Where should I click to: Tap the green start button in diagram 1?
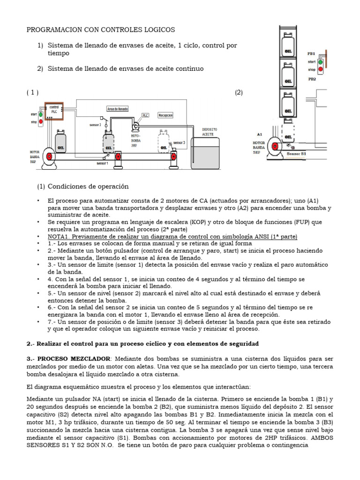(40, 114)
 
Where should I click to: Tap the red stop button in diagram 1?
(40, 122)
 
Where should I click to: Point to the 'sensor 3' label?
(179, 142)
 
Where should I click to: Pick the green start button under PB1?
(320, 61)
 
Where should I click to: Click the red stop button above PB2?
(320, 69)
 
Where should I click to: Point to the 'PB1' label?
(311, 54)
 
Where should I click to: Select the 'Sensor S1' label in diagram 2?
(296, 153)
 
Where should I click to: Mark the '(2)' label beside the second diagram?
(239, 92)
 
